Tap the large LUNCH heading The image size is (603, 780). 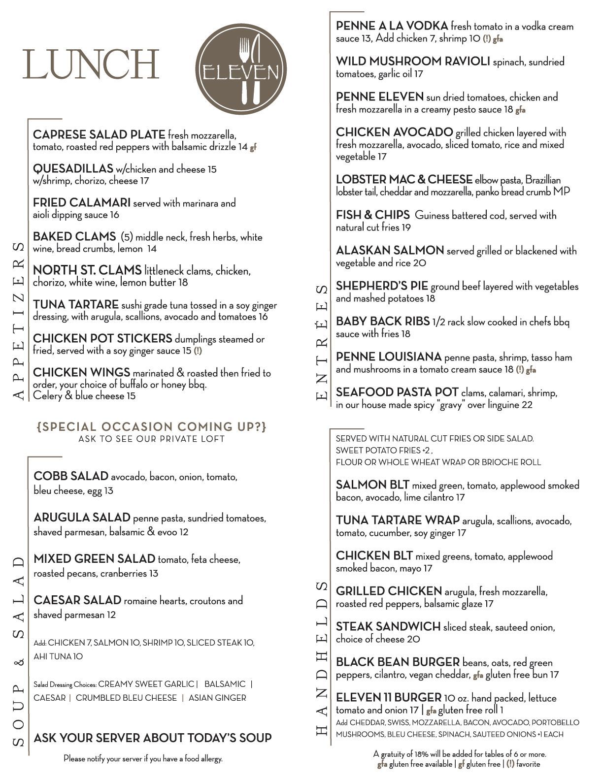click(91, 64)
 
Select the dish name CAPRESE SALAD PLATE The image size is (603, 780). click(99, 134)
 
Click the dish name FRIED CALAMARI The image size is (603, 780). click(81, 202)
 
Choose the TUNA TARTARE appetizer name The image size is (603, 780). click(75, 305)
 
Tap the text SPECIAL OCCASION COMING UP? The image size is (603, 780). click(151, 426)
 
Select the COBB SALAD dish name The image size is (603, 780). click(70, 476)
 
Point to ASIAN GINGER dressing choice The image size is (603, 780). click(217, 698)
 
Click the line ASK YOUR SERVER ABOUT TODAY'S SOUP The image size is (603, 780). click(152, 738)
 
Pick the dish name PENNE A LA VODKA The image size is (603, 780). click(392, 26)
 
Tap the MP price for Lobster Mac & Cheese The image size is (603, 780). click(562, 192)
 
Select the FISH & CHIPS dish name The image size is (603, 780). click(372, 215)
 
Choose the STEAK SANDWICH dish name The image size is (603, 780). click(388, 626)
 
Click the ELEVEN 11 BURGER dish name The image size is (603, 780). click(388, 697)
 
